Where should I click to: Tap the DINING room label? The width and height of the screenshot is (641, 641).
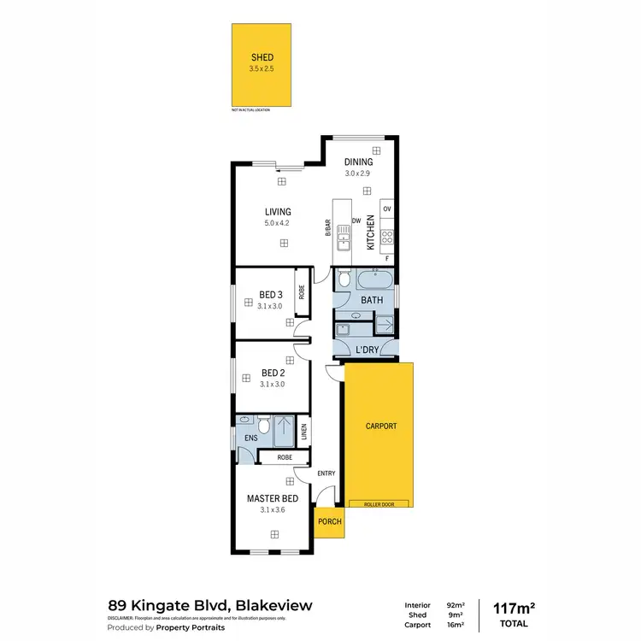(358, 162)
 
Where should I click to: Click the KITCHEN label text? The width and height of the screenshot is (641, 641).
(371, 232)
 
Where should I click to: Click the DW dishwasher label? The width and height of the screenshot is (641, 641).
(355, 221)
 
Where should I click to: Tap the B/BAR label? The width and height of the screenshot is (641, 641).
(327, 229)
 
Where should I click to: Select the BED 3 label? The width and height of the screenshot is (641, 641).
(272, 295)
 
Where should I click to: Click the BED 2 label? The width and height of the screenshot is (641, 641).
(272, 373)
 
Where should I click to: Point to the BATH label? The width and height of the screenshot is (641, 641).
(372, 301)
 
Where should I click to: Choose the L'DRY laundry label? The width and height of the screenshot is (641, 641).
(367, 350)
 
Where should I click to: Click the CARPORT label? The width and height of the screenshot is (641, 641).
(381, 426)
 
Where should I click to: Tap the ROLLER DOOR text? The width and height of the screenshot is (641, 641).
(378, 504)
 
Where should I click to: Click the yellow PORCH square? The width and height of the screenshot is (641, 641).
(329, 521)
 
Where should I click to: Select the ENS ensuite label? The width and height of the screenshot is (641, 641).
(250, 438)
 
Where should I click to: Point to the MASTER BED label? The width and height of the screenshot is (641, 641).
(272, 498)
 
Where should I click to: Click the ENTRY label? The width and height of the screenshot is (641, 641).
(326, 473)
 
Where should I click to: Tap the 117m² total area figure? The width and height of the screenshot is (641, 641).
(515, 608)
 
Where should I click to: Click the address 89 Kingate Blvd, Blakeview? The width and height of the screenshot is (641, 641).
(210, 605)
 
